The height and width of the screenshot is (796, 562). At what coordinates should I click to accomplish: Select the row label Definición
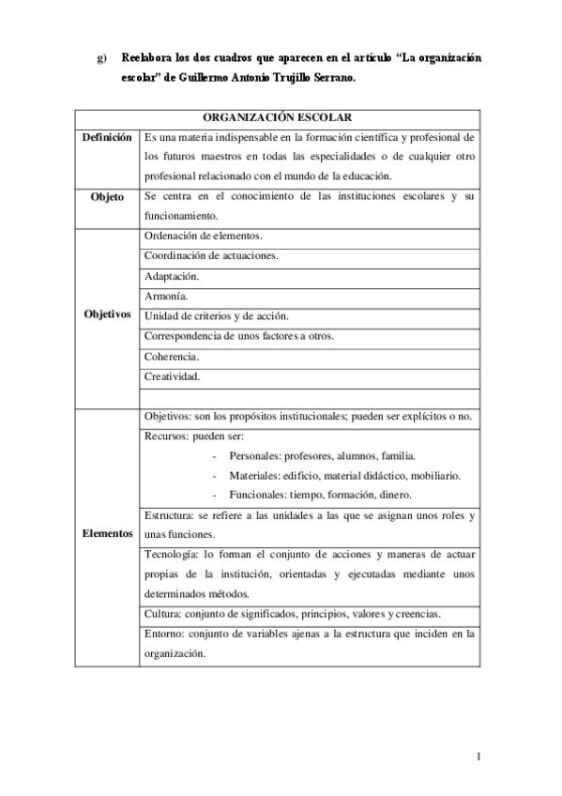[106, 138]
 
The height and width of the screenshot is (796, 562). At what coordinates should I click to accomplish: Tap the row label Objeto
[106, 198]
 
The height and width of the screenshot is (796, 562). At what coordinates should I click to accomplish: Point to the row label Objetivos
[106, 314]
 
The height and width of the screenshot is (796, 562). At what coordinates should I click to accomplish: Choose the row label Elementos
[106, 533]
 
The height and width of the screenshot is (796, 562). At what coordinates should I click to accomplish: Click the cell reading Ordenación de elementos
[204, 235]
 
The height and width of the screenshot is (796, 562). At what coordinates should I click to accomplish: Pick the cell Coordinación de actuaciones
[211, 255]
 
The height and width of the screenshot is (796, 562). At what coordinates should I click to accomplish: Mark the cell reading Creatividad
[172, 376]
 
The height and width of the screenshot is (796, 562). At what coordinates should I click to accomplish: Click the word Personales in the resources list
[253, 455]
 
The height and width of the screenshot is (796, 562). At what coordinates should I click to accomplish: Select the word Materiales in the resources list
[253, 475]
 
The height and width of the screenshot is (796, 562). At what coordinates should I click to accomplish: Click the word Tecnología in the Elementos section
[170, 555]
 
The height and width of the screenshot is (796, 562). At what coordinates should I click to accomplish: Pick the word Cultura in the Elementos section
[161, 614]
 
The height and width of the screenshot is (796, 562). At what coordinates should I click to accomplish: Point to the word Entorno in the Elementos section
[163, 634]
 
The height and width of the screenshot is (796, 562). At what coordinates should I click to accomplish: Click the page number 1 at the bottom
[478, 757]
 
